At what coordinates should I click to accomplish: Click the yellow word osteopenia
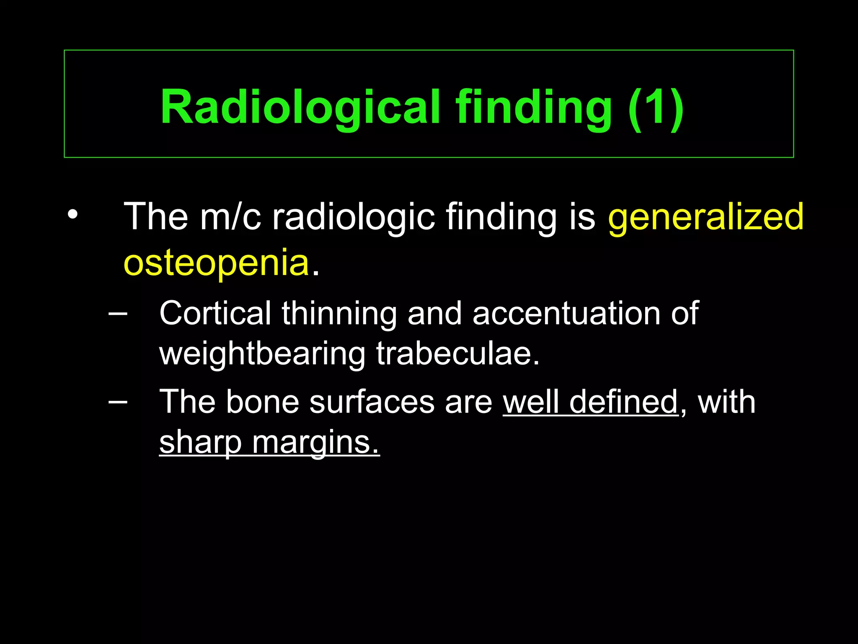(216, 263)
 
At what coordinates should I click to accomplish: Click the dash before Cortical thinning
(118, 313)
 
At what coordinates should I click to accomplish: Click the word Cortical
(215, 314)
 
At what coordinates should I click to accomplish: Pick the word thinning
(339, 314)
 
